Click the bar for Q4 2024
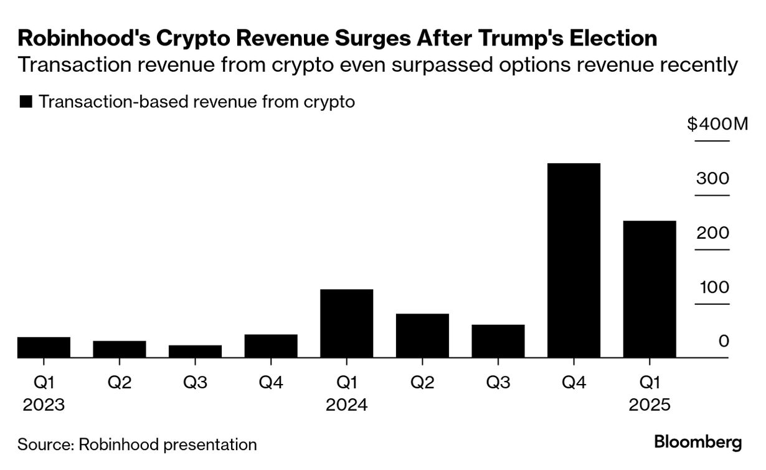574,260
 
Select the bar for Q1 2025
650,289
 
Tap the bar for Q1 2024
346,324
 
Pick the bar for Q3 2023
195,352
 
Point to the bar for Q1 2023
44,347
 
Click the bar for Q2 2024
422,335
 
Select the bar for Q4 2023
271,346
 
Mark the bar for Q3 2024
498,341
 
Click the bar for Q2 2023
120,349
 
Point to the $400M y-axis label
717,124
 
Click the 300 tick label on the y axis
713,179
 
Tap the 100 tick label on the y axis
713,287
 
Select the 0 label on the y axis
723,342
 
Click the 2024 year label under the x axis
346,405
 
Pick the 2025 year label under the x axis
650,405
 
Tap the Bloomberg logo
698,443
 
